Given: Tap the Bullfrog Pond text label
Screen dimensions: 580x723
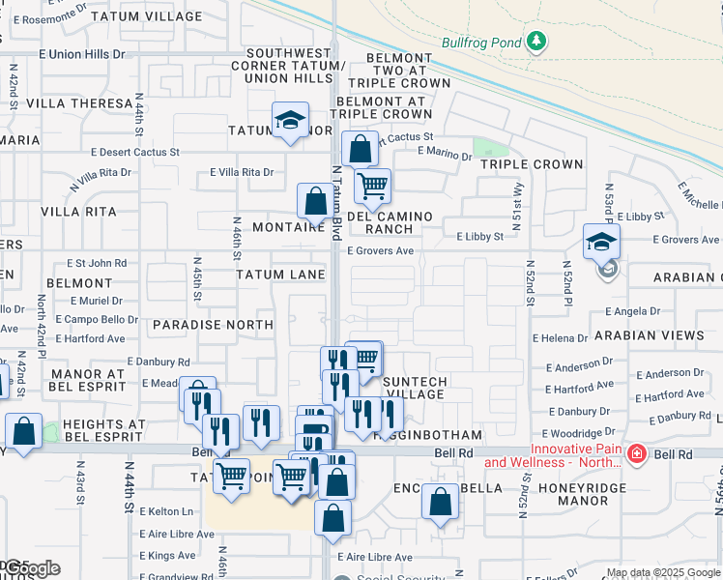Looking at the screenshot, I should pyautogui.click(x=480, y=43).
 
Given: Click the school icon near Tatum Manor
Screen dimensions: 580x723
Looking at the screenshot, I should pyautogui.click(x=289, y=120).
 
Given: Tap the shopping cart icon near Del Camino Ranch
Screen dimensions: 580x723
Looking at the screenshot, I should pyautogui.click(x=372, y=184).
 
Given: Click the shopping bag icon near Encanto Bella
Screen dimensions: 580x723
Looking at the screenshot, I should pyautogui.click(x=440, y=502).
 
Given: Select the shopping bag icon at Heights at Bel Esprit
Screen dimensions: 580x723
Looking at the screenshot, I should pyautogui.click(x=23, y=431).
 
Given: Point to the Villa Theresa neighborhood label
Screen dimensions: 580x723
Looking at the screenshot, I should pyautogui.click(x=79, y=103).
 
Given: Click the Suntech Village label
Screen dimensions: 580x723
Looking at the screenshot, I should pyautogui.click(x=415, y=388).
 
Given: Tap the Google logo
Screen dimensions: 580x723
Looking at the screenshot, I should pyautogui.click(x=32, y=568).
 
